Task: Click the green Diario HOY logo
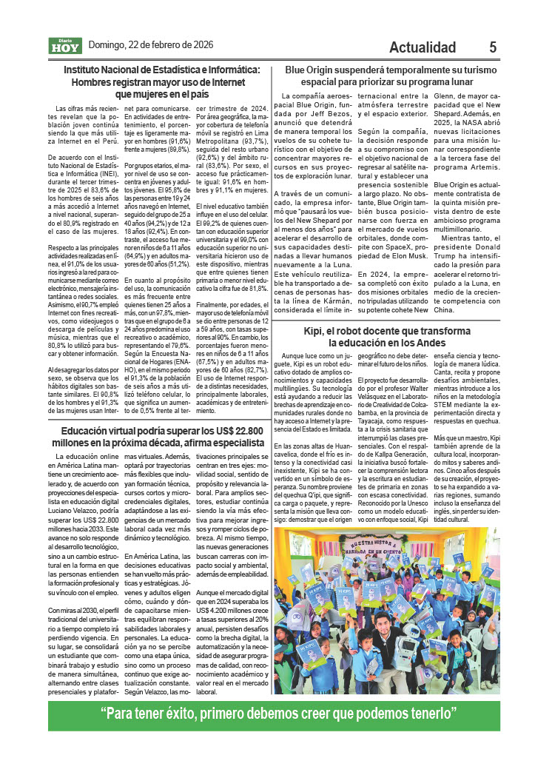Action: coord(66,46)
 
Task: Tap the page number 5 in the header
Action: coord(493,47)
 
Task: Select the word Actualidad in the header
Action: coord(423,47)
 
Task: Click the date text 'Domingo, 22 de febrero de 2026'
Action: coord(151,44)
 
